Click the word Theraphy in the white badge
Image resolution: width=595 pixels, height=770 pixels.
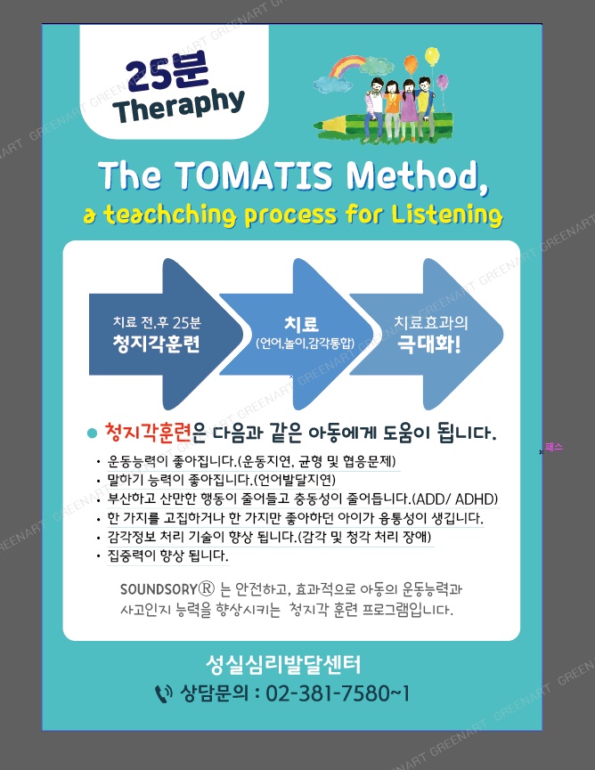coord(179,105)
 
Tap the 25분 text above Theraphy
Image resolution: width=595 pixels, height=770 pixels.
coord(167,72)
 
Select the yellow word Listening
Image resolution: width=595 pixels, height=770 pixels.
coord(447,215)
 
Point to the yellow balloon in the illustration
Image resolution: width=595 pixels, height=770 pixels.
coord(432,55)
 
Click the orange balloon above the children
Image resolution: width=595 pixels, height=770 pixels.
coord(411,64)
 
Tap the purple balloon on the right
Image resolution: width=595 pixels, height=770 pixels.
coord(442,82)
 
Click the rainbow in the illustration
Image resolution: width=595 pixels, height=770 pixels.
coord(347,66)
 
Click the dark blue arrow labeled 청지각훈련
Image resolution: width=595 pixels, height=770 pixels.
coord(165,334)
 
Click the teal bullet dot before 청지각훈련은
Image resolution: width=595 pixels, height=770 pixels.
coord(92,434)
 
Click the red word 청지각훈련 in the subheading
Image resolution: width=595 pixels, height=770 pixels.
coord(147,432)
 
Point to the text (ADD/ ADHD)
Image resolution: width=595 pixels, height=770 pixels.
coord(454,498)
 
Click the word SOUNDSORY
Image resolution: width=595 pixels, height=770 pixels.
coord(159,588)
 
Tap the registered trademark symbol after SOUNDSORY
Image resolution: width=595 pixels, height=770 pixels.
coord(207,588)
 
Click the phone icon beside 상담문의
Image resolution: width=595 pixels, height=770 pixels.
coord(164,693)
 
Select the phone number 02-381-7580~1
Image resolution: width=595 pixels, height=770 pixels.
coord(338,693)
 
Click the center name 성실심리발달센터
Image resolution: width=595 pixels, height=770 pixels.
coord(283,665)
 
